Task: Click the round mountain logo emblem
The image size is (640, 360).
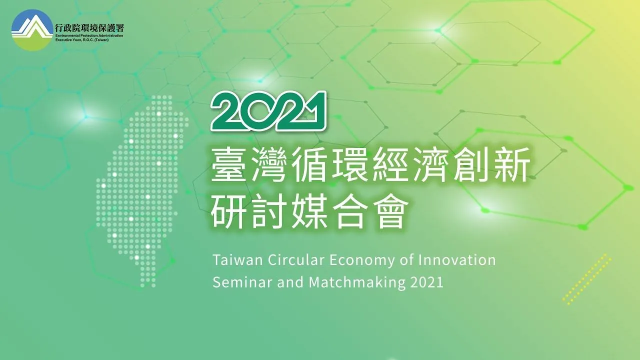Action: [x=32, y=30]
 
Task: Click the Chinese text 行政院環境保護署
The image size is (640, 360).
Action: [x=89, y=28]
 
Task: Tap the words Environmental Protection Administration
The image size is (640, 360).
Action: [x=89, y=35]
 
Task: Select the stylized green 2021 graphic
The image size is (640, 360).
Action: [x=268, y=111]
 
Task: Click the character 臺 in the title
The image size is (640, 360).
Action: [x=229, y=164]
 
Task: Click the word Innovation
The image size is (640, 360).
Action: [x=457, y=260]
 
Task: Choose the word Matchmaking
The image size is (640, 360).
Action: [x=357, y=283]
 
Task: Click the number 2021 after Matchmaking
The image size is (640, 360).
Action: [x=427, y=282]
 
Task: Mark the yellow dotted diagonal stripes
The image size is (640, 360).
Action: [x=587, y=279]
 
